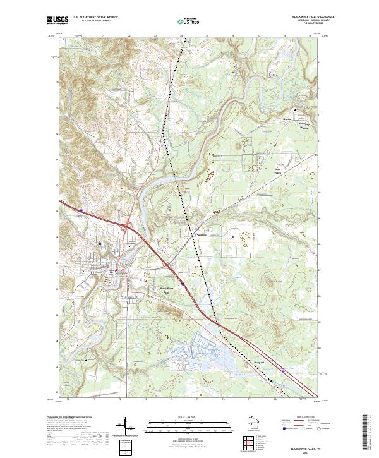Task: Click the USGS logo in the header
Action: click(57, 20)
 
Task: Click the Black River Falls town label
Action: click(165, 290)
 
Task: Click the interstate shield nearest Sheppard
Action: click(283, 371)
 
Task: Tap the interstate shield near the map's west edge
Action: click(81, 212)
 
